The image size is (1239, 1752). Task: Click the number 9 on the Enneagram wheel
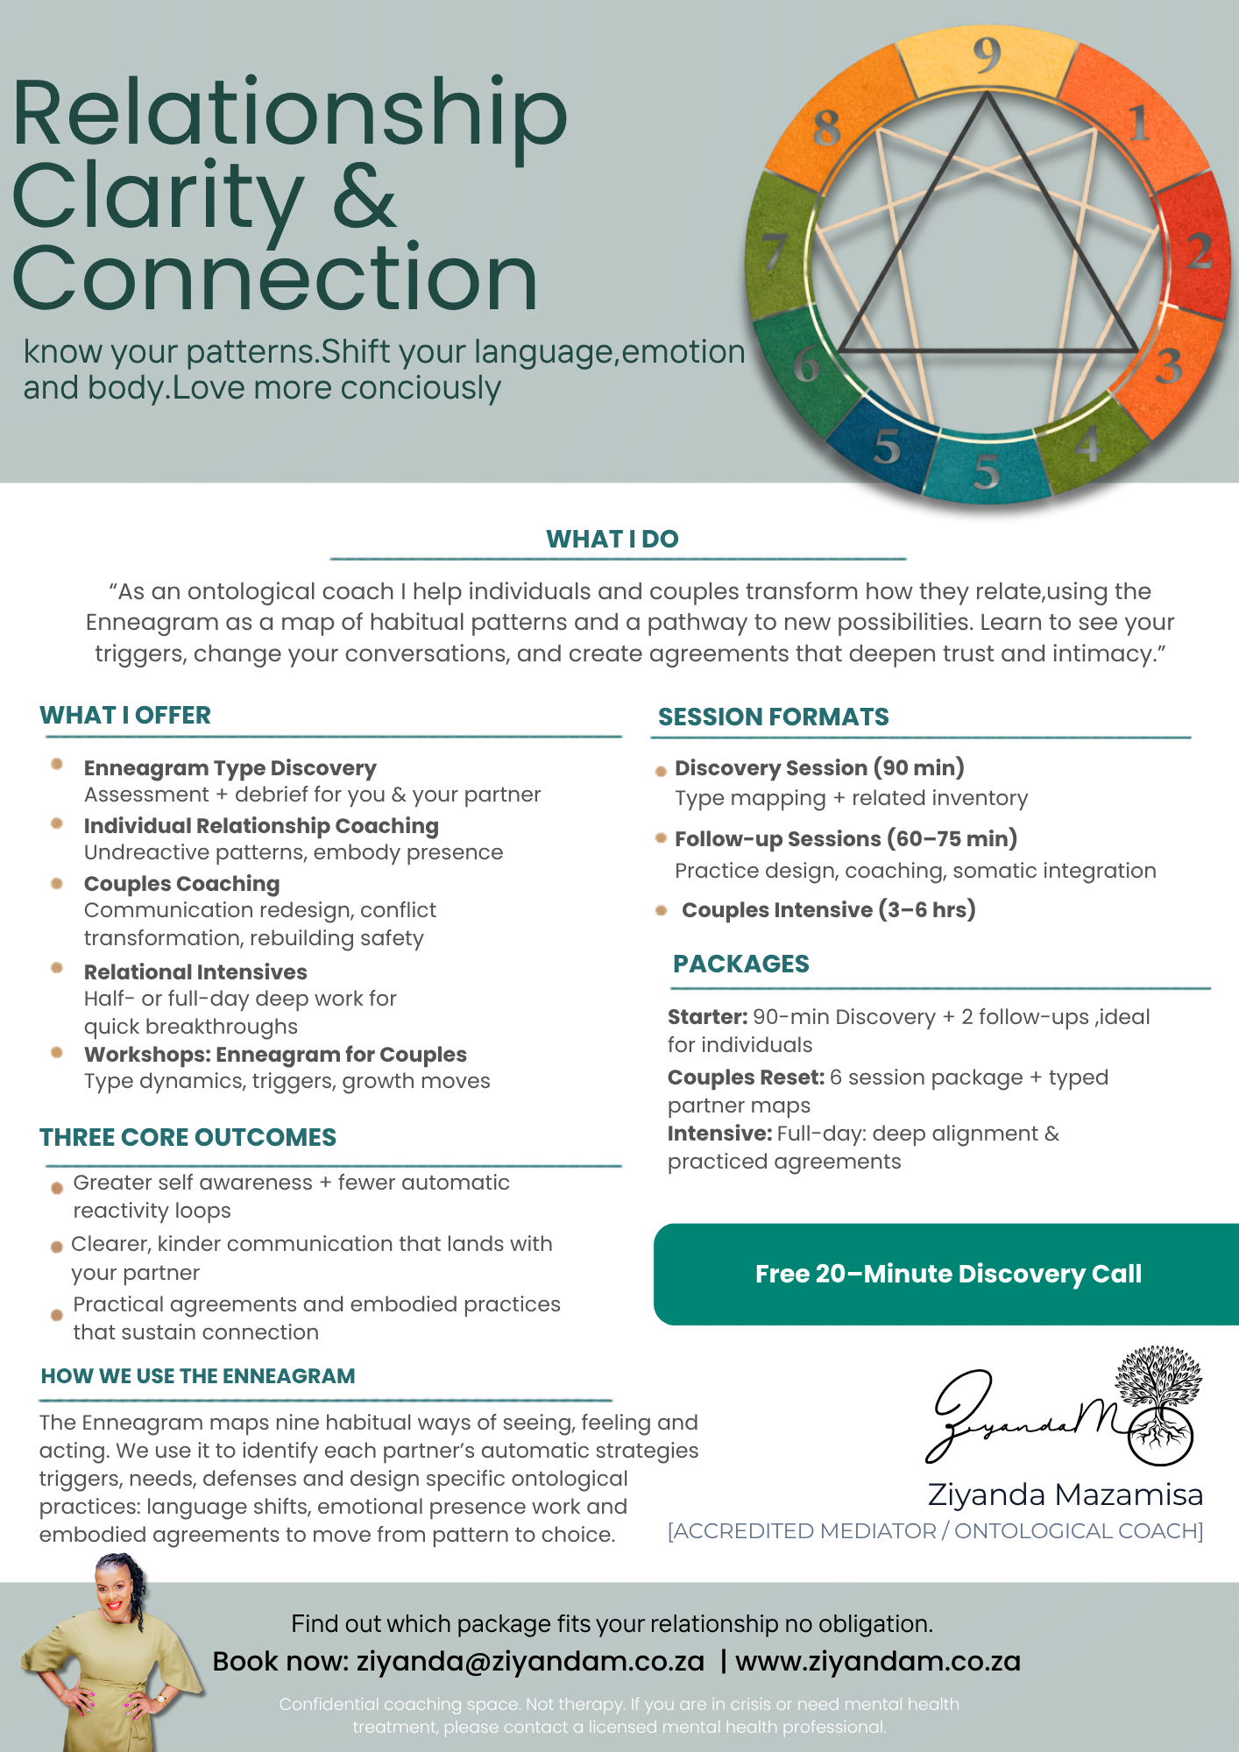click(987, 55)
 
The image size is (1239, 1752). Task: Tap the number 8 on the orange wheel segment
click(826, 128)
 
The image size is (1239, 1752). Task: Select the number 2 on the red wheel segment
click(1200, 251)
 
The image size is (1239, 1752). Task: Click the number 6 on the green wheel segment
click(807, 364)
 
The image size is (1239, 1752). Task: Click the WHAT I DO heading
click(612, 539)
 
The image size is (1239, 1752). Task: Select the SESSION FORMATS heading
click(773, 717)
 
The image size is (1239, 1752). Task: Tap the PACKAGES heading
click(740, 964)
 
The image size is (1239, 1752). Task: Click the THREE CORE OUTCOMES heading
click(188, 1137)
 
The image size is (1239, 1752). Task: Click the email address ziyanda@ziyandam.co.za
click(530, 1661)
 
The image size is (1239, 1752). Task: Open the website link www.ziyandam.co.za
click(878, 1661)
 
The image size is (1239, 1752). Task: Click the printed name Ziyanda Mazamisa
click(1065, 1494)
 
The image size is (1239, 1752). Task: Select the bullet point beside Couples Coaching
click(57, 883)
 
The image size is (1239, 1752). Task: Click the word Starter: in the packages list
click(707, 1017)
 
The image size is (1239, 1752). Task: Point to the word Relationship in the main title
click(289, 114)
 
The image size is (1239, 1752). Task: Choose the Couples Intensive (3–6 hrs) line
click(828, 909)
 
